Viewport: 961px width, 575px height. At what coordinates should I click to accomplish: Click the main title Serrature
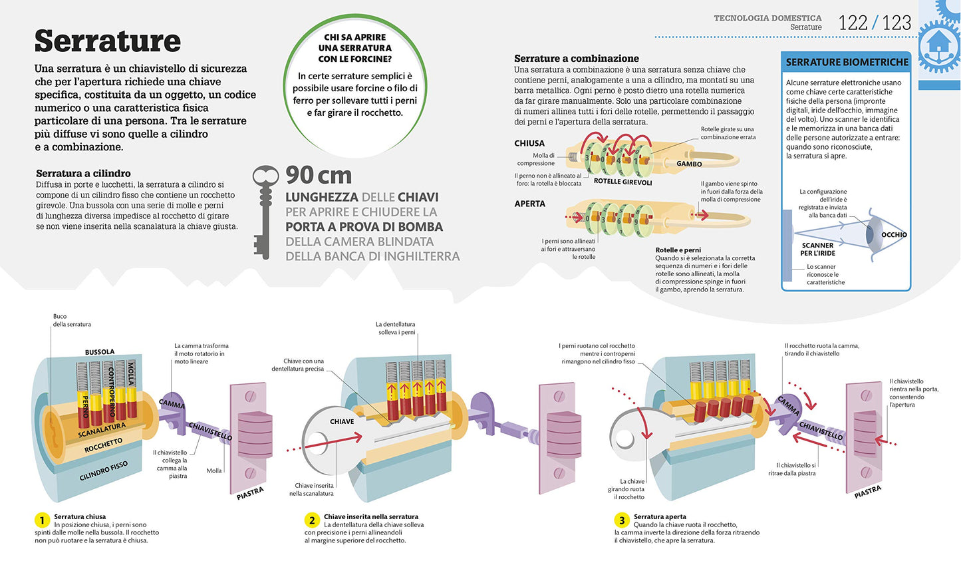pos(108,41)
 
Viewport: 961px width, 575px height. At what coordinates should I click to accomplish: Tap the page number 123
pos(896,23)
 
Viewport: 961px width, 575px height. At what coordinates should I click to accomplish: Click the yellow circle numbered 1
pos(42,520)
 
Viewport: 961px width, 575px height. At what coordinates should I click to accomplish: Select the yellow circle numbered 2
pos(312,520)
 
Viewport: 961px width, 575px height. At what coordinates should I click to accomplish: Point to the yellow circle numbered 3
pos(622,520)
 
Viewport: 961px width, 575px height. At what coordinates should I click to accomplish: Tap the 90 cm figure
pos(319,175)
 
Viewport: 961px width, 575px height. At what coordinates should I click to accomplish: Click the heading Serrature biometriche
pos(847,63)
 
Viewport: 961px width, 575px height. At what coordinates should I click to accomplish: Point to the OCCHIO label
pos(894,235)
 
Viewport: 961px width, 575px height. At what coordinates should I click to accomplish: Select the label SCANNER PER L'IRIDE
pos(818,249)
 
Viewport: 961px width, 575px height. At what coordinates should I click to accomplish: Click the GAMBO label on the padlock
pos(689,164)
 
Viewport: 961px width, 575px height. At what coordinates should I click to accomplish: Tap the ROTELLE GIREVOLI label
pos(623,182)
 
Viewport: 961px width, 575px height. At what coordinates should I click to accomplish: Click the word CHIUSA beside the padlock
pos(529,144)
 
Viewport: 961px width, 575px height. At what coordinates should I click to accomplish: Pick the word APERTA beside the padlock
pos(530,204)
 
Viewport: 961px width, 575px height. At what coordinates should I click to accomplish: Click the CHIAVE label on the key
pos(342,422)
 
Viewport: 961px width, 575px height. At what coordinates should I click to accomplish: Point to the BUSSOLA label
pos(100,352)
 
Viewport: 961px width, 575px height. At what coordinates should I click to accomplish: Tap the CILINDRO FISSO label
pos(103,471)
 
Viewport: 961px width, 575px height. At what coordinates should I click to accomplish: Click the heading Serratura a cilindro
pos(83,173)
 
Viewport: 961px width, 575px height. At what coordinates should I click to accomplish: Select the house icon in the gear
pos(939,44)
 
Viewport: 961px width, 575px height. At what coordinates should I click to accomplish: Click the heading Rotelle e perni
pos(678,250)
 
